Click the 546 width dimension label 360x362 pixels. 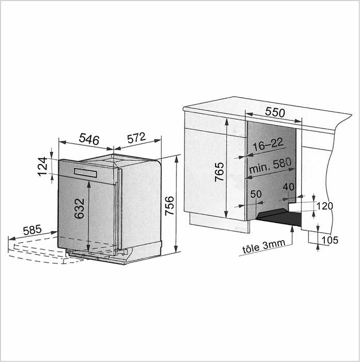click(x=89, y=139)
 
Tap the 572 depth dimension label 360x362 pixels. click(x=136, y=138)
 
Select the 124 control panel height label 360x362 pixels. click(x=43, y=167)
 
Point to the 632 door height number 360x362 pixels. click(x=80, y=208)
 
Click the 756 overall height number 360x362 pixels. click(x=170, y=205)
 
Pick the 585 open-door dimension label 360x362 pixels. click(x=33, y=230)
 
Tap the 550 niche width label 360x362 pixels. click(x=275, y=112)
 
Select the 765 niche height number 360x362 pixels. click(x=220, y=172)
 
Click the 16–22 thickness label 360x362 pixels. click(x=268, y=144)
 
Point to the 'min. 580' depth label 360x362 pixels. click(x=270, y=166)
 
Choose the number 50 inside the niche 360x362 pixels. click(x=256, y=194)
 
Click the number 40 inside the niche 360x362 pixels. click(x=289, y=187)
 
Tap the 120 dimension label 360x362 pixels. click(x=325, y=206)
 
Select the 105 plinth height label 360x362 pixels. click(x=330, y=240)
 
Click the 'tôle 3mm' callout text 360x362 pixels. click(x=264, y=246)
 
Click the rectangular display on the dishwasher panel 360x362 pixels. click(x=85, y=173)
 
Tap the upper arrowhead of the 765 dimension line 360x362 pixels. click(x=227, y=122)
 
